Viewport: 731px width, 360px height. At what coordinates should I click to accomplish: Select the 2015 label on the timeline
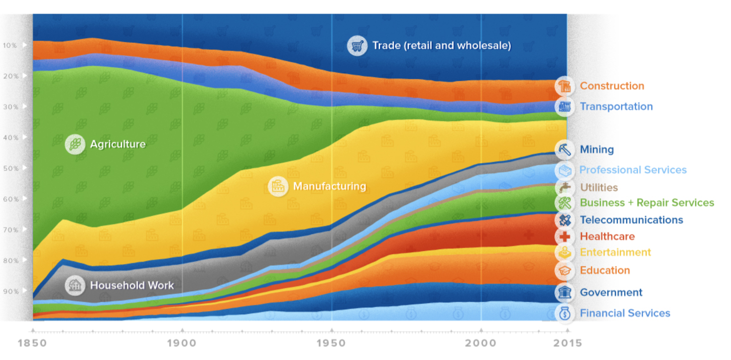coord(567,343)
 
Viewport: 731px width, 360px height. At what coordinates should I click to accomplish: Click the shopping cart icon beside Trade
coord(357,46)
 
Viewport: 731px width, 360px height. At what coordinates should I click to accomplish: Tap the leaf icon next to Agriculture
coord(75,145)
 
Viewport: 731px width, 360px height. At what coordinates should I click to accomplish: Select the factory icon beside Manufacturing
coord(278,186)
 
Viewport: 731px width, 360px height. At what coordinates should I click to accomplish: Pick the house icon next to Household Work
coord(75,285)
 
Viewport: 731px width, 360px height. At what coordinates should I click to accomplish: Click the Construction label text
coord(612,86)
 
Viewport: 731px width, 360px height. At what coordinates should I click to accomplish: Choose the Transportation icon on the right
coord(565,106)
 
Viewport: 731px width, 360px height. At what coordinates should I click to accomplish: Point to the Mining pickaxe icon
coord(565,149)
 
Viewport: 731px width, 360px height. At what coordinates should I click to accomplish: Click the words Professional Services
coord(633,170)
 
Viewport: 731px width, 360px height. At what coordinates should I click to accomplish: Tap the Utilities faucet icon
coord(565,188)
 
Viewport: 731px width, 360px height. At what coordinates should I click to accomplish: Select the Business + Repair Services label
coord(647,203)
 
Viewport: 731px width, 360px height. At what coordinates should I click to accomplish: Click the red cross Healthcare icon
coord(565,236)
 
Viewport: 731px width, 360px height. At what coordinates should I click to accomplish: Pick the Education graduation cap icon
coord(565,271)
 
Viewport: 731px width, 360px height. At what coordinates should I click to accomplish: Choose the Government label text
coord(611,293)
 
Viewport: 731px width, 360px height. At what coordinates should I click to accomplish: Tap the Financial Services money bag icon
coord(565,314)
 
